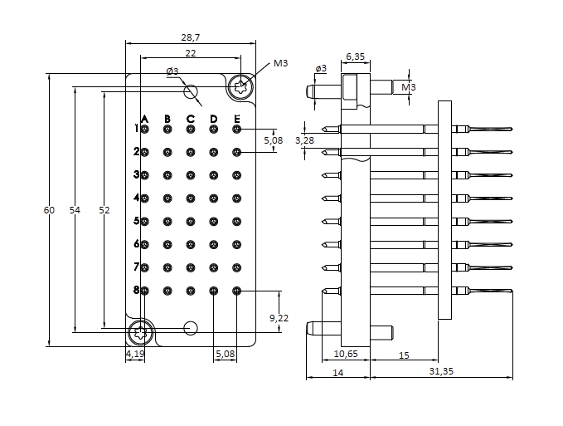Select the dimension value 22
[x=190, y=53]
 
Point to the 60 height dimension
[x=49, y=210]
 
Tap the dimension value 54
[x=75, y=210]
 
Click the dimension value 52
[x=104, y=210]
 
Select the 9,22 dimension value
[x=279, y=318]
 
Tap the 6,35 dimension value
[x=355, y=56]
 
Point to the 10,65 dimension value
[x=344, y=354]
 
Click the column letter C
[x=191, y=120]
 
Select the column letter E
[x=236, y=120]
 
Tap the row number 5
[x=136, y=221]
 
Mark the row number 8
[x=136, y=290]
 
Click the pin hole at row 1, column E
[x=236, y=129]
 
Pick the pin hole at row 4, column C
[x=191, y=198]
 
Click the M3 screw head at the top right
[x=241, y=86]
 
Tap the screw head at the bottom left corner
[x=139, y=334]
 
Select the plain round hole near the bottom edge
[x=191, y=327]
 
